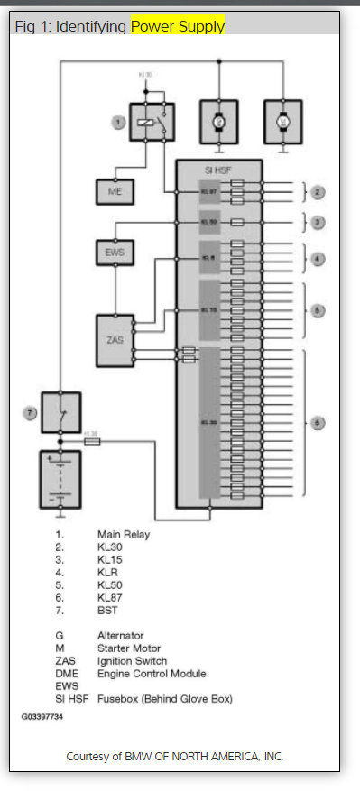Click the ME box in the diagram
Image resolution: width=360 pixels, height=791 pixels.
tap(113, 192)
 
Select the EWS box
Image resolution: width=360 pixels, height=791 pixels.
tap(113, 252)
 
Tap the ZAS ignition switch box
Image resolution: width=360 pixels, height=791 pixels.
tap(115, 341)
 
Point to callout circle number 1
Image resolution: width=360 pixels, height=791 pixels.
tap(117, 122)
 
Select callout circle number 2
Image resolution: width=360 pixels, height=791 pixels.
tap(318, 191)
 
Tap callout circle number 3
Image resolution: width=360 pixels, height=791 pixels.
tap(318, 221)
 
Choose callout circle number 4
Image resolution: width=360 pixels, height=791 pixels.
tap(318, 259)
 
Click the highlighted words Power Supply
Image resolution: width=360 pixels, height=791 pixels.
tap(178, 27)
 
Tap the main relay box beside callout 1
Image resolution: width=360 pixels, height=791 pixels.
tap(152, 123)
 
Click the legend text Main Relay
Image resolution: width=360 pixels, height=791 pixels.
tap(124, 534)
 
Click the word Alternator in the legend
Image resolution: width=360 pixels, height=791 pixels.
tap(121, 635)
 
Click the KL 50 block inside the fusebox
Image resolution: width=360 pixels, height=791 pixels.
tap(208, 221)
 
